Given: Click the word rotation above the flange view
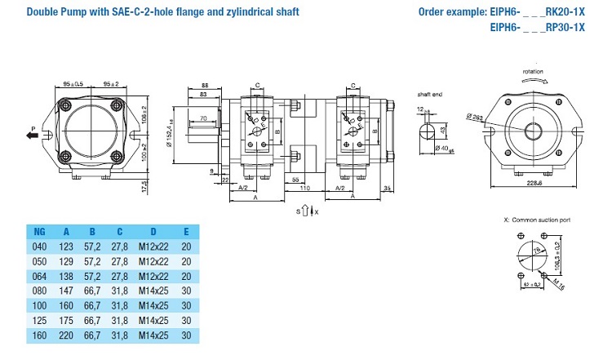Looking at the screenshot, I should (532, 73).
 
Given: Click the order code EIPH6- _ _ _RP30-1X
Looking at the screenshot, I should (538, 26).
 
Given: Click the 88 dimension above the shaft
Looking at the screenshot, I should (204, 85).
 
